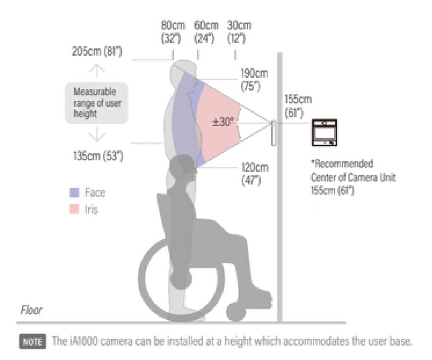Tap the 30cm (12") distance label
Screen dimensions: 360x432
tap(239, 32)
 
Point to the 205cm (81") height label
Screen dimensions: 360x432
tap(97, 52)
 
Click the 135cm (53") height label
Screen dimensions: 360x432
tap(98, 156)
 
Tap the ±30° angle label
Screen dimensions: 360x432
tap(222, 122)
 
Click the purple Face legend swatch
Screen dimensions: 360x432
tap(74, 193)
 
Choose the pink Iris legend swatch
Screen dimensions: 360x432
tap(74, 209)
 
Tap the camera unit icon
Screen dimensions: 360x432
tap(324, 132)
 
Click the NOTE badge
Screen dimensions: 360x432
tap(32, 341)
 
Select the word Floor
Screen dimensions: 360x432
tap(31, 310)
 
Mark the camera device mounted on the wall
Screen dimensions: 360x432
tap(273, 133)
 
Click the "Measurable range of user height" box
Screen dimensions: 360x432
tap(96, 103)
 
